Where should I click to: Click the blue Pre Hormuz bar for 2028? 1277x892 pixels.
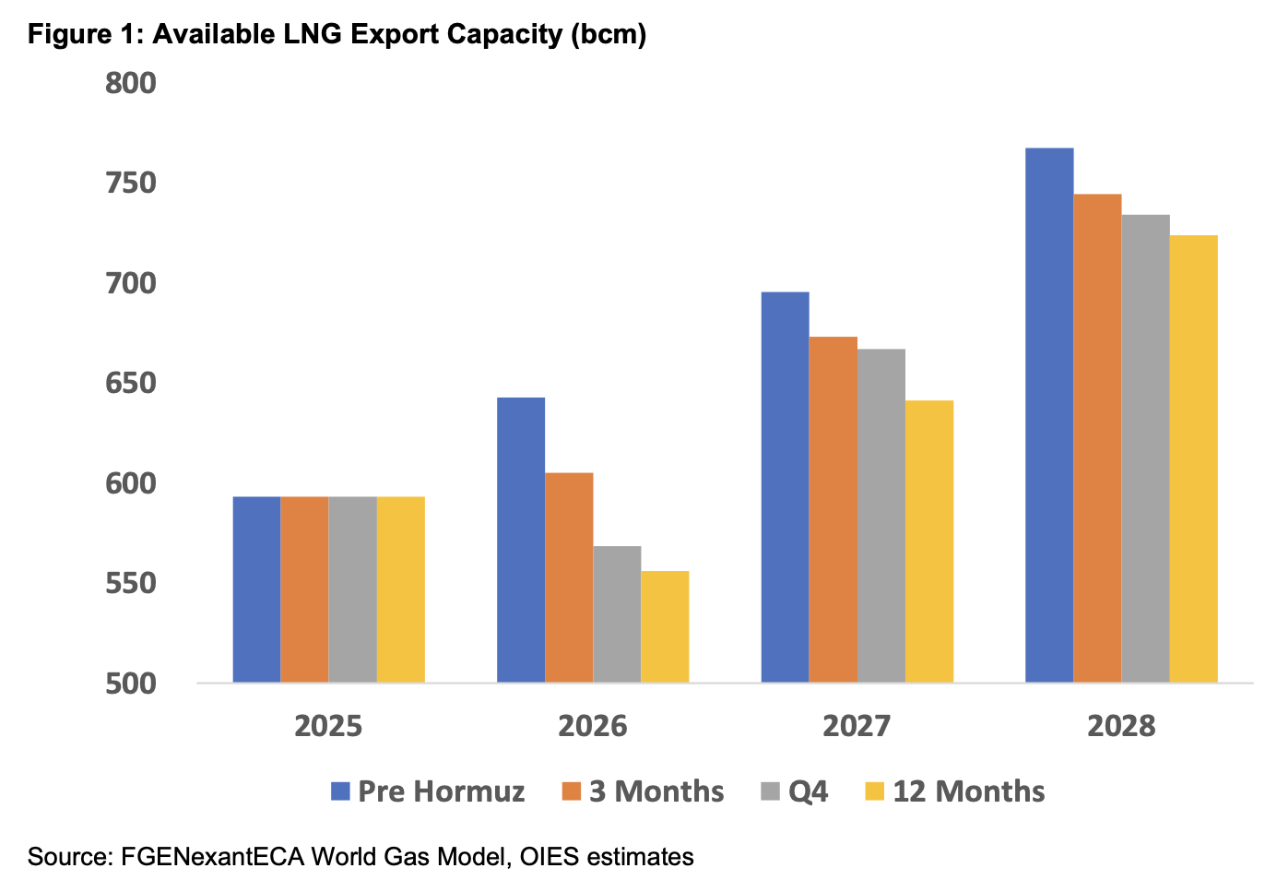point(1049,415)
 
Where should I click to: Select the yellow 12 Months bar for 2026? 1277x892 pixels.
point(665,627)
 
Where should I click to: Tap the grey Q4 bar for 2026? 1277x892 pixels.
point(617,614)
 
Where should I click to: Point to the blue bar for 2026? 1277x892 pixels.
point(521,540)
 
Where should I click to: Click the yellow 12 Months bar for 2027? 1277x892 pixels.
point(929,541)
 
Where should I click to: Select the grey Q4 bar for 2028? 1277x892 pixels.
point(1145,448)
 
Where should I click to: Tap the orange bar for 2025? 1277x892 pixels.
point(304,589)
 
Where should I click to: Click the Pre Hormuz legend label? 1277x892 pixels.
point(441,791)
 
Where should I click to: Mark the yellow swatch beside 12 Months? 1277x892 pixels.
point(874,791)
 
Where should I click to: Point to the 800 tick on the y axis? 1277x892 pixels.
point(130,83)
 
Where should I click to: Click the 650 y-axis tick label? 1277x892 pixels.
point(130,384)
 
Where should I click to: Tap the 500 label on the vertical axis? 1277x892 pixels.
point(130,684)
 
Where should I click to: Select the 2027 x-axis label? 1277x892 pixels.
point(857,727)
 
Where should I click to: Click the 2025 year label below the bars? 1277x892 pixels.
point(328,727)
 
